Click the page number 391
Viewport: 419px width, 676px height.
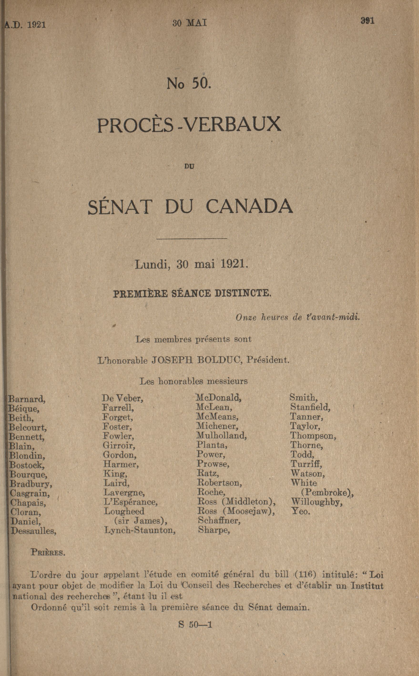pos(368,21)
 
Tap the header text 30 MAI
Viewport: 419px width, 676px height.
pos(189,23)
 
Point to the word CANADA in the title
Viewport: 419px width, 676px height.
pos(249,207)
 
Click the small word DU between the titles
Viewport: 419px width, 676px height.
pos(189,167)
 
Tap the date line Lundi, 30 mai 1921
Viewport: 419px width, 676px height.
pos(191,264)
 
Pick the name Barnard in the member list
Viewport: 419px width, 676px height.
pos(27,399)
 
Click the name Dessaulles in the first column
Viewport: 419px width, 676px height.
pos(34,531)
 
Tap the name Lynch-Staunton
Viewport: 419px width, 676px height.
pos(140,530)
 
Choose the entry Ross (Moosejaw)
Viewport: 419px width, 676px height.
pos(236,511)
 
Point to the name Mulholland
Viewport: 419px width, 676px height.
pos(222,436)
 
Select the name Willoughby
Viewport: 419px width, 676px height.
pos(317,502)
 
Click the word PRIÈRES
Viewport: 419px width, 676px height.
pos(48,552)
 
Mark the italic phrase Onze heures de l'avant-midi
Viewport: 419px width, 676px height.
pos(298,317)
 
